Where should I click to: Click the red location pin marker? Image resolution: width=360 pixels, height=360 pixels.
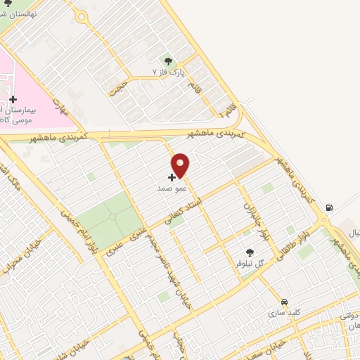click(181, 165)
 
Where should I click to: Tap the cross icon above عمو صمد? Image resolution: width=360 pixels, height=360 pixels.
click(172, 178)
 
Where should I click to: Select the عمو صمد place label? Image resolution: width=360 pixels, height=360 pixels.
click(172, 189)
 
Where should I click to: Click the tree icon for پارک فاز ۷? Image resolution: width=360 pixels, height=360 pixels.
click(167, 61)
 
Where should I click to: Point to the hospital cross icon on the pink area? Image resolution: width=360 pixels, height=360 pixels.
click(13, 99)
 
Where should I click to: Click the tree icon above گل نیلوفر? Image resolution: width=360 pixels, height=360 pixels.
click(249, 252)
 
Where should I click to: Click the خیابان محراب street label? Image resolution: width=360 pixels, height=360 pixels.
click(15, 267)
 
